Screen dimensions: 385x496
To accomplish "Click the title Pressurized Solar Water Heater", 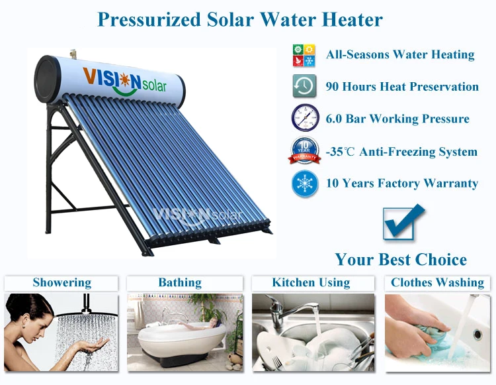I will [239, 19].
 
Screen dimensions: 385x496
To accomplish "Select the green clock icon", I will [304, 87].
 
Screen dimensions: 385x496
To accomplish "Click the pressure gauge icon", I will [305, 119].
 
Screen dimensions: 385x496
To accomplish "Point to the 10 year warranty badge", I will [304, 151].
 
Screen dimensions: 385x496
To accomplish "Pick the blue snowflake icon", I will [305, 184].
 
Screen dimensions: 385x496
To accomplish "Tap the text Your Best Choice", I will [401, 259].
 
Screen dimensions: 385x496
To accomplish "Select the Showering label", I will [62, 283].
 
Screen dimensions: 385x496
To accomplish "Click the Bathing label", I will [180, 283].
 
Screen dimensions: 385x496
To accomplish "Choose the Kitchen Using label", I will [311, 283].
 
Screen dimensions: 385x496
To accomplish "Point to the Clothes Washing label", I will [437, 283].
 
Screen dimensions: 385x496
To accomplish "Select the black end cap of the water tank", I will [48, 78].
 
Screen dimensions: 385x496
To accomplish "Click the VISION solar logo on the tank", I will [125, 81].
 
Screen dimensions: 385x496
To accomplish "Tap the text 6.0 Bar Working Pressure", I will [397, 119].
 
